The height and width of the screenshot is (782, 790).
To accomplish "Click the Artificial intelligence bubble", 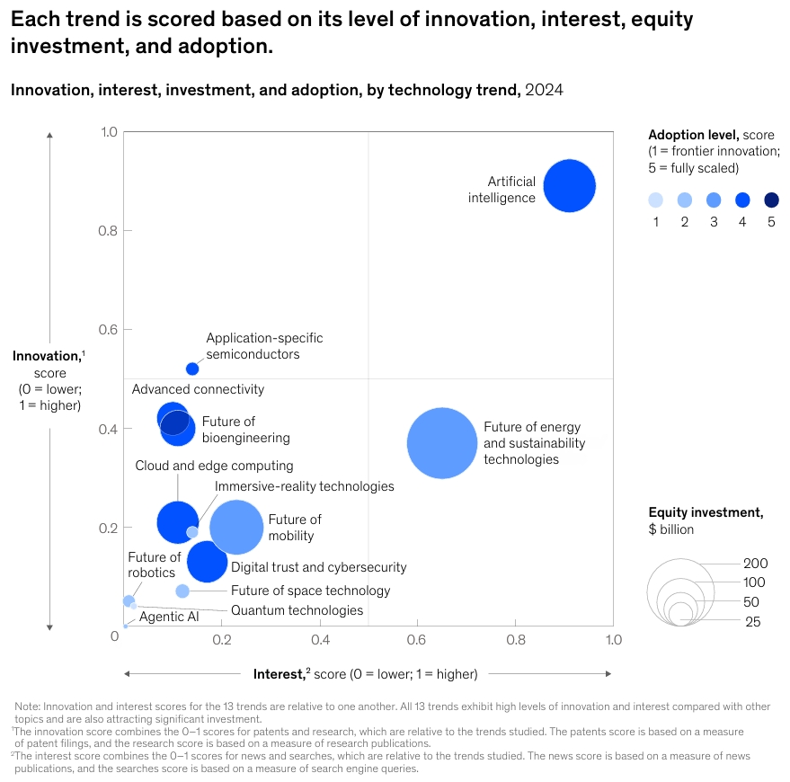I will (569, 186).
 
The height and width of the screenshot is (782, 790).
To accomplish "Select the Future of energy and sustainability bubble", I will (441, 443).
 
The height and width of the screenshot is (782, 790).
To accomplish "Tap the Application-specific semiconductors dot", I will (192, 369).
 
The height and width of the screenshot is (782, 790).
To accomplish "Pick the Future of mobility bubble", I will (236, 528).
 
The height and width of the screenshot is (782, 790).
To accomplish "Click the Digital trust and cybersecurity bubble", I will (208, 562).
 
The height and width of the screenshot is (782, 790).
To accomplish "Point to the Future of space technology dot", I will (182, 591).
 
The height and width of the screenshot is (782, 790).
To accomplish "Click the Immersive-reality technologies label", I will (304, 486).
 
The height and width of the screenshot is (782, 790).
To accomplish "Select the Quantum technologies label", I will (297, 610).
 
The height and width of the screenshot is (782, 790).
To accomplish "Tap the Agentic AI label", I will (169, 617).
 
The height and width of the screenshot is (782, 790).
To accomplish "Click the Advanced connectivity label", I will (198, 389).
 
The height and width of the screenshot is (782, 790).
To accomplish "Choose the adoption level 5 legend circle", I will (771, 200).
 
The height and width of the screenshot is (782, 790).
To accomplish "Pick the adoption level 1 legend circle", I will (655, 200).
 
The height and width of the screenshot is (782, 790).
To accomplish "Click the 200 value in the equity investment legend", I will (756, 564).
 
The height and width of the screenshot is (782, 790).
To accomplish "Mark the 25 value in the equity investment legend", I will (751, 621).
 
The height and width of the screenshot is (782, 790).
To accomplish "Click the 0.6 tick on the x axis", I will (417, 640).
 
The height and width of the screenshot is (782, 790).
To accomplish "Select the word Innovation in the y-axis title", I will (46, 357).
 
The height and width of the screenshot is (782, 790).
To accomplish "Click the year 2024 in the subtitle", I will (544, 90).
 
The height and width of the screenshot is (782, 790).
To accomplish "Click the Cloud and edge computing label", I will (214, 466).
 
